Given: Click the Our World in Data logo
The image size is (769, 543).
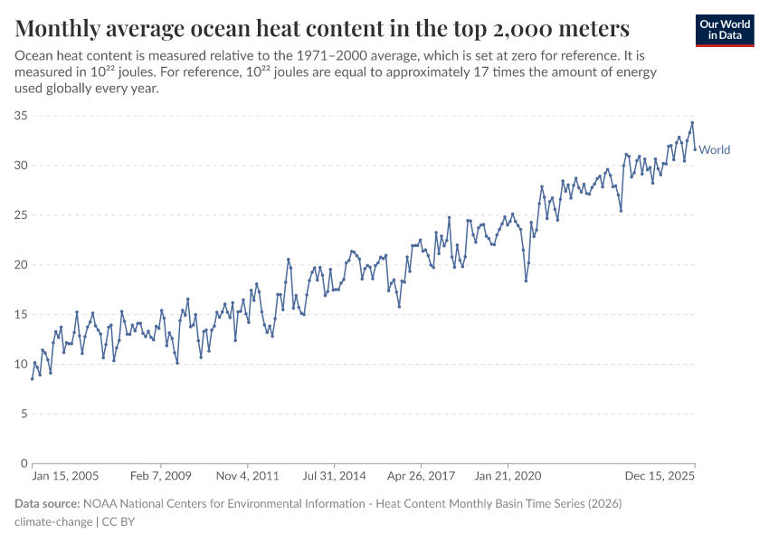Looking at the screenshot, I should pyautogui.click(x=725, y=30).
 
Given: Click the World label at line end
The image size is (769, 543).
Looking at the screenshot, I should pyautogui.click(x=715, y=150).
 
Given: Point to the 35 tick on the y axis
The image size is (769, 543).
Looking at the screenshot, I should pyautogui.click(x=21, y=116).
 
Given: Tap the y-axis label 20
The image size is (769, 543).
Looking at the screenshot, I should pyautogui.click(x=21, y=265).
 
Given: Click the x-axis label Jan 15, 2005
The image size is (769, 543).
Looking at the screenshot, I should pyautogui.click(x=64, y=475).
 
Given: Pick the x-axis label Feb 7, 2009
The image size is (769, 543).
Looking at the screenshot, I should pyautogui.click(x=160, y=475).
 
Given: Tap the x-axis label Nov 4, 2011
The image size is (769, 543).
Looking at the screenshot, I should pyautogui.click(x=248, y=475).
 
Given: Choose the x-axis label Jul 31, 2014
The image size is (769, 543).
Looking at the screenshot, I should pyautogui.click(x=334, y=475).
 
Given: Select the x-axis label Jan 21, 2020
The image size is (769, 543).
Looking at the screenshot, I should pyautogui.click(x=507, y=475).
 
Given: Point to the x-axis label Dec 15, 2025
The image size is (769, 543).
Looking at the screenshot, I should pyautogui.click(x=660, y=475).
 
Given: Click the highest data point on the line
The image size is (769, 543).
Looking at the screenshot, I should pyautogui.click(x=692, y=123).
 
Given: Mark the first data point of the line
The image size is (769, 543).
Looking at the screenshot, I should pyautogui.click(x=33, y=378).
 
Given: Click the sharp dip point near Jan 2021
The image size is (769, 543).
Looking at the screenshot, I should pyautogui.click(x=526, y=281).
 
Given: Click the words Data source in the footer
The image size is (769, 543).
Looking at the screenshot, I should pyautogui.click(x=47, y=503).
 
